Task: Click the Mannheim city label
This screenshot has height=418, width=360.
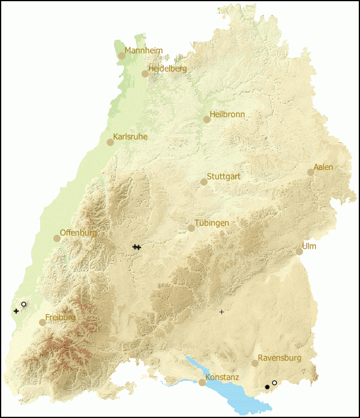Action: pos(143,50)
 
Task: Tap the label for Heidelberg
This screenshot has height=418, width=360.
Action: pos(167,68)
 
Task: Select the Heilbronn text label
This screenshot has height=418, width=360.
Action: pos(227,114)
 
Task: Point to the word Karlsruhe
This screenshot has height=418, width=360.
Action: pos(130,137)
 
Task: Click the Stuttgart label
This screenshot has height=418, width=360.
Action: pos(223,177)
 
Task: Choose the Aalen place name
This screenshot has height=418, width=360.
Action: pos(323,167)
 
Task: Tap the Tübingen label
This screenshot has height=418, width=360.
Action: pos(211,223)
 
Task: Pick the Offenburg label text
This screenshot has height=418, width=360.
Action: pos(79,233)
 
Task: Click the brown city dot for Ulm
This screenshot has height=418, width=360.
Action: pos(299,252)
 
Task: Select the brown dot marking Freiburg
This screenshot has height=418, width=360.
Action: pos(43,323)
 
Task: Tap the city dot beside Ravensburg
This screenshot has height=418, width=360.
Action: pos(255,363)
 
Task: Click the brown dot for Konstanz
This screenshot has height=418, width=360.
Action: pos(202,383)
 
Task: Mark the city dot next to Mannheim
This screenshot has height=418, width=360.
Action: pos(122,56)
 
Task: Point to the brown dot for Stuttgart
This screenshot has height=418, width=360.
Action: pos(204,182)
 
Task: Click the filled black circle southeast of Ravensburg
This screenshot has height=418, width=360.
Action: pos(267,387)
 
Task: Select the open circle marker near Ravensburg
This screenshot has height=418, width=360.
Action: pos(274,383)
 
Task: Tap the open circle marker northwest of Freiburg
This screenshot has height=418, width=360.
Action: pos(23,304)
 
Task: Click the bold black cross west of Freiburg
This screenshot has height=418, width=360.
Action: pos(16,311)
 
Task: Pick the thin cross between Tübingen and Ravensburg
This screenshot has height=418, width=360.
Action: pos(221,312)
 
